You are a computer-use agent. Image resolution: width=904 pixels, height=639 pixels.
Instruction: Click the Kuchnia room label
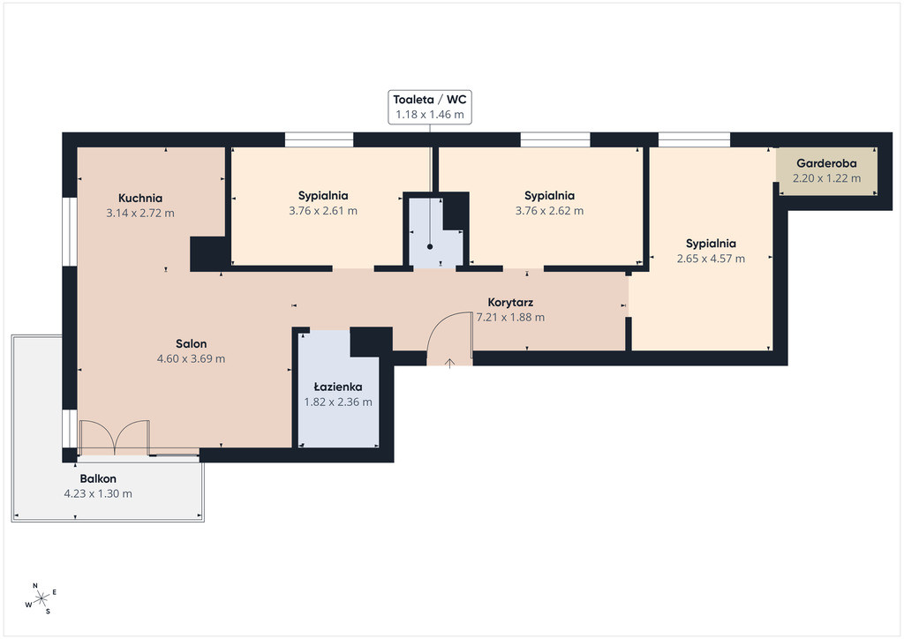coord(140,199)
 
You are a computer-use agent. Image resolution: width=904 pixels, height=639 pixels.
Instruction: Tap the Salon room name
coord(191,344)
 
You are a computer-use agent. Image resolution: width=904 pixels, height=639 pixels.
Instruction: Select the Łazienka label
coord(338,387)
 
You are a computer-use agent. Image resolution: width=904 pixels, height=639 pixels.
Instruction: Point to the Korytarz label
coord(510,303)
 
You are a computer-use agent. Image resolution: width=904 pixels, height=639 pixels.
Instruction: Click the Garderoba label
coord(826,163)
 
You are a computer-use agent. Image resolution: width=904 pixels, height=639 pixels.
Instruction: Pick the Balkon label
coord(98,479)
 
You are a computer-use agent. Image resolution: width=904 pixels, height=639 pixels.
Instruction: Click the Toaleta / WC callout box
coord(430,107)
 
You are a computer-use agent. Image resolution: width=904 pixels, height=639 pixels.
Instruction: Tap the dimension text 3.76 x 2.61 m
coord(323,211)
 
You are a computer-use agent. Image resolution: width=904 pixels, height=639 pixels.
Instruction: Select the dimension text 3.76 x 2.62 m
coord(549,211)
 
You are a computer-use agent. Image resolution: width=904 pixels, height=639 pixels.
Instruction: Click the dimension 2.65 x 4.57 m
coord(711,259)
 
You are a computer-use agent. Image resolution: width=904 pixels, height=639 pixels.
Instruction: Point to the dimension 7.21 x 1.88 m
coord(510,318)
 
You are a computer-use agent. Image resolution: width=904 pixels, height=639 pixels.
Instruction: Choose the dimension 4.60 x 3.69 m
coord(191,359)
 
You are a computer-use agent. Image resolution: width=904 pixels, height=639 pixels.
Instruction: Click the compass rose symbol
coord(41,599)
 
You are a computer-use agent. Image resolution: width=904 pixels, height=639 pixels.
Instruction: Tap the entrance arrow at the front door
coord(449,363)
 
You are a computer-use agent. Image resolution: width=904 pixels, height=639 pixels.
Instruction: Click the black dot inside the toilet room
coord(430,246)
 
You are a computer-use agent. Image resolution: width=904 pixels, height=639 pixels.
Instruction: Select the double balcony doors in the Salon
coord(115,438)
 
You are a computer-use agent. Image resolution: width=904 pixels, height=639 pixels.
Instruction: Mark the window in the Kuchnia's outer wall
coord(69,232)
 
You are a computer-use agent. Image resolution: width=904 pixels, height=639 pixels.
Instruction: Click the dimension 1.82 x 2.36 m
coord(338,402)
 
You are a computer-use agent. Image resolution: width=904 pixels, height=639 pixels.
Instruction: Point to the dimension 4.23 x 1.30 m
coord(98,493)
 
